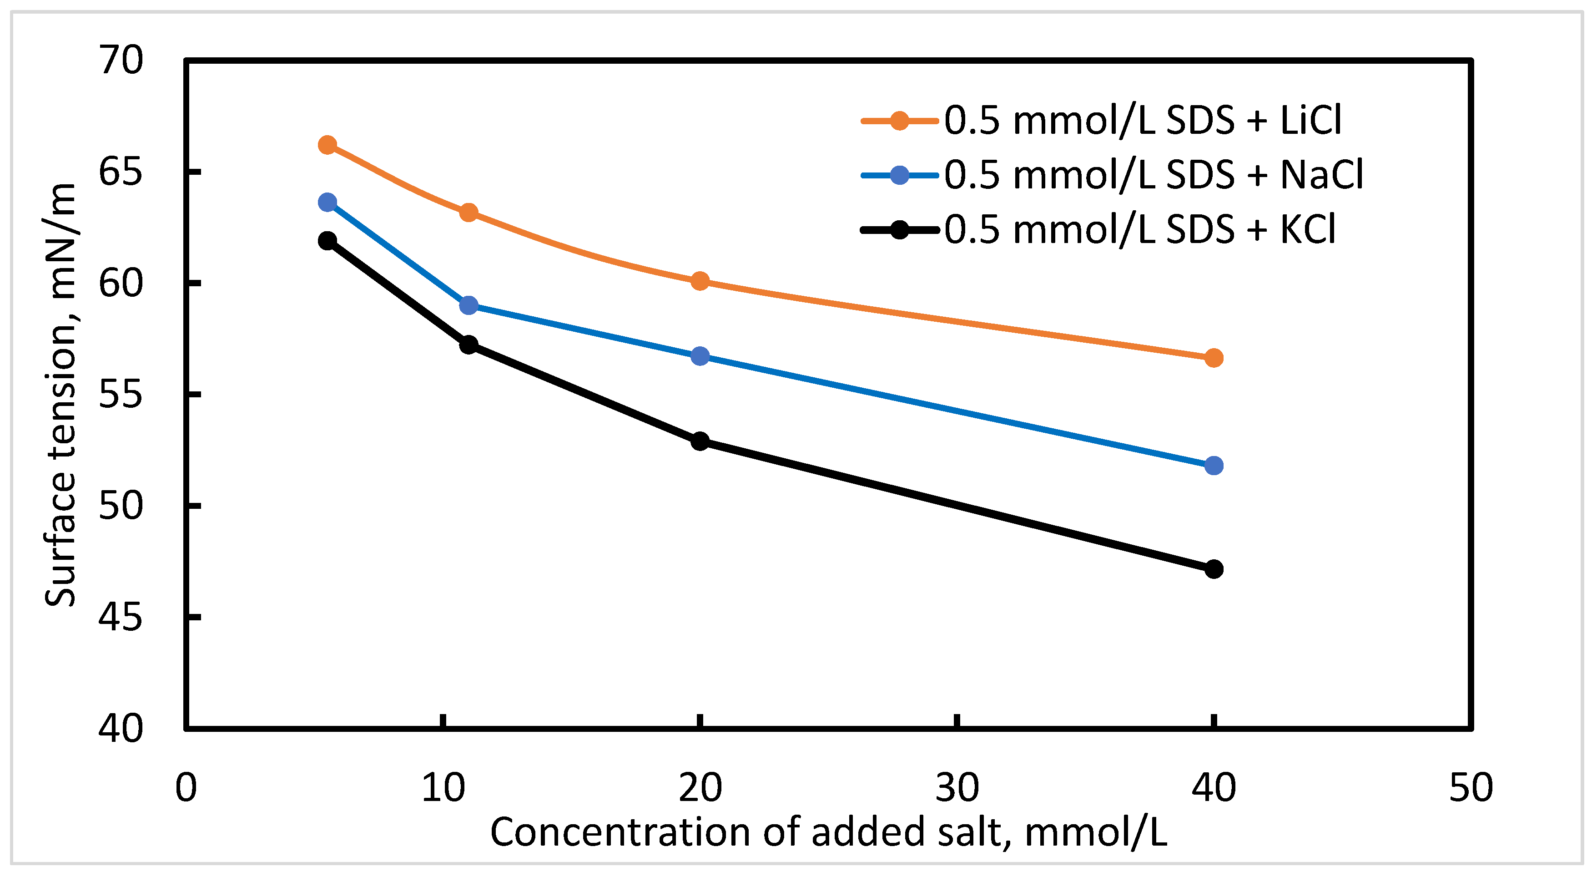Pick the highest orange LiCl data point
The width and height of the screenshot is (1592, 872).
[x=327, y=145]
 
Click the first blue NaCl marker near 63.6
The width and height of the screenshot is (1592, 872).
[x=327, y=202]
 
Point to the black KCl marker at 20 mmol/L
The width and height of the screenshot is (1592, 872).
[x=700, y=441]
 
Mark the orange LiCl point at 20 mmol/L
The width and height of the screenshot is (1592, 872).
[x=700, y=281]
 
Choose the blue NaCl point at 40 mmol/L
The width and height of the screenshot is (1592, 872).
[x=1213, y=465]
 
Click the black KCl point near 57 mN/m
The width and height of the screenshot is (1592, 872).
[x=469, y=344]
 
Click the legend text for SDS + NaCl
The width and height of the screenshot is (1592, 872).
[x=1153, y=175]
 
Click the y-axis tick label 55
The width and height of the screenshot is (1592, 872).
[x=121, y=395]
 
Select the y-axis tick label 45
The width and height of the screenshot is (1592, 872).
[x=121, y=617]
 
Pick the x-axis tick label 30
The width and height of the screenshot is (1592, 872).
[x=957, y=788]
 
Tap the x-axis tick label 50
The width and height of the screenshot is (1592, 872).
[x=1470, y=788]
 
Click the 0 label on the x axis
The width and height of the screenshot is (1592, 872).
[x=186, y=788]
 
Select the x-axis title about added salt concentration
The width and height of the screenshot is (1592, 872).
[x=828, y=832]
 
